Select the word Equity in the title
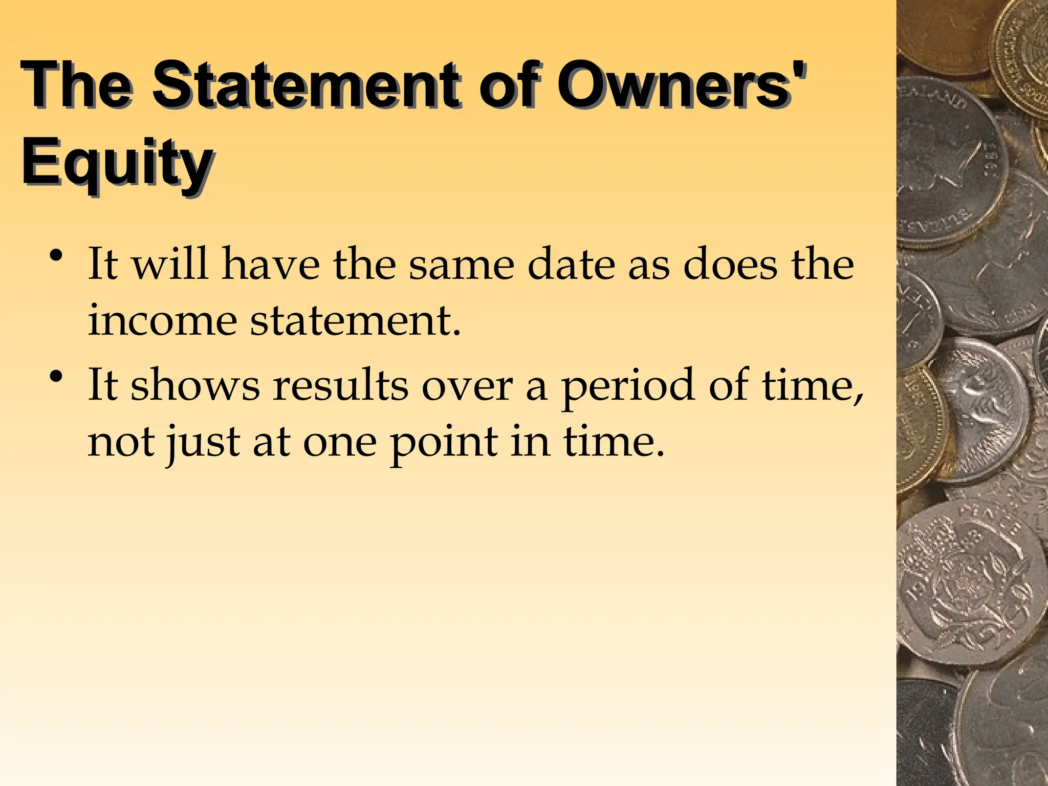(117, 163)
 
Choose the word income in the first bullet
(162, 321)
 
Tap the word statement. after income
(356, 321)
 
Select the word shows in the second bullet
(195, 385)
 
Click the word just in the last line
(202, 443)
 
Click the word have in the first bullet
(271, 265)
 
